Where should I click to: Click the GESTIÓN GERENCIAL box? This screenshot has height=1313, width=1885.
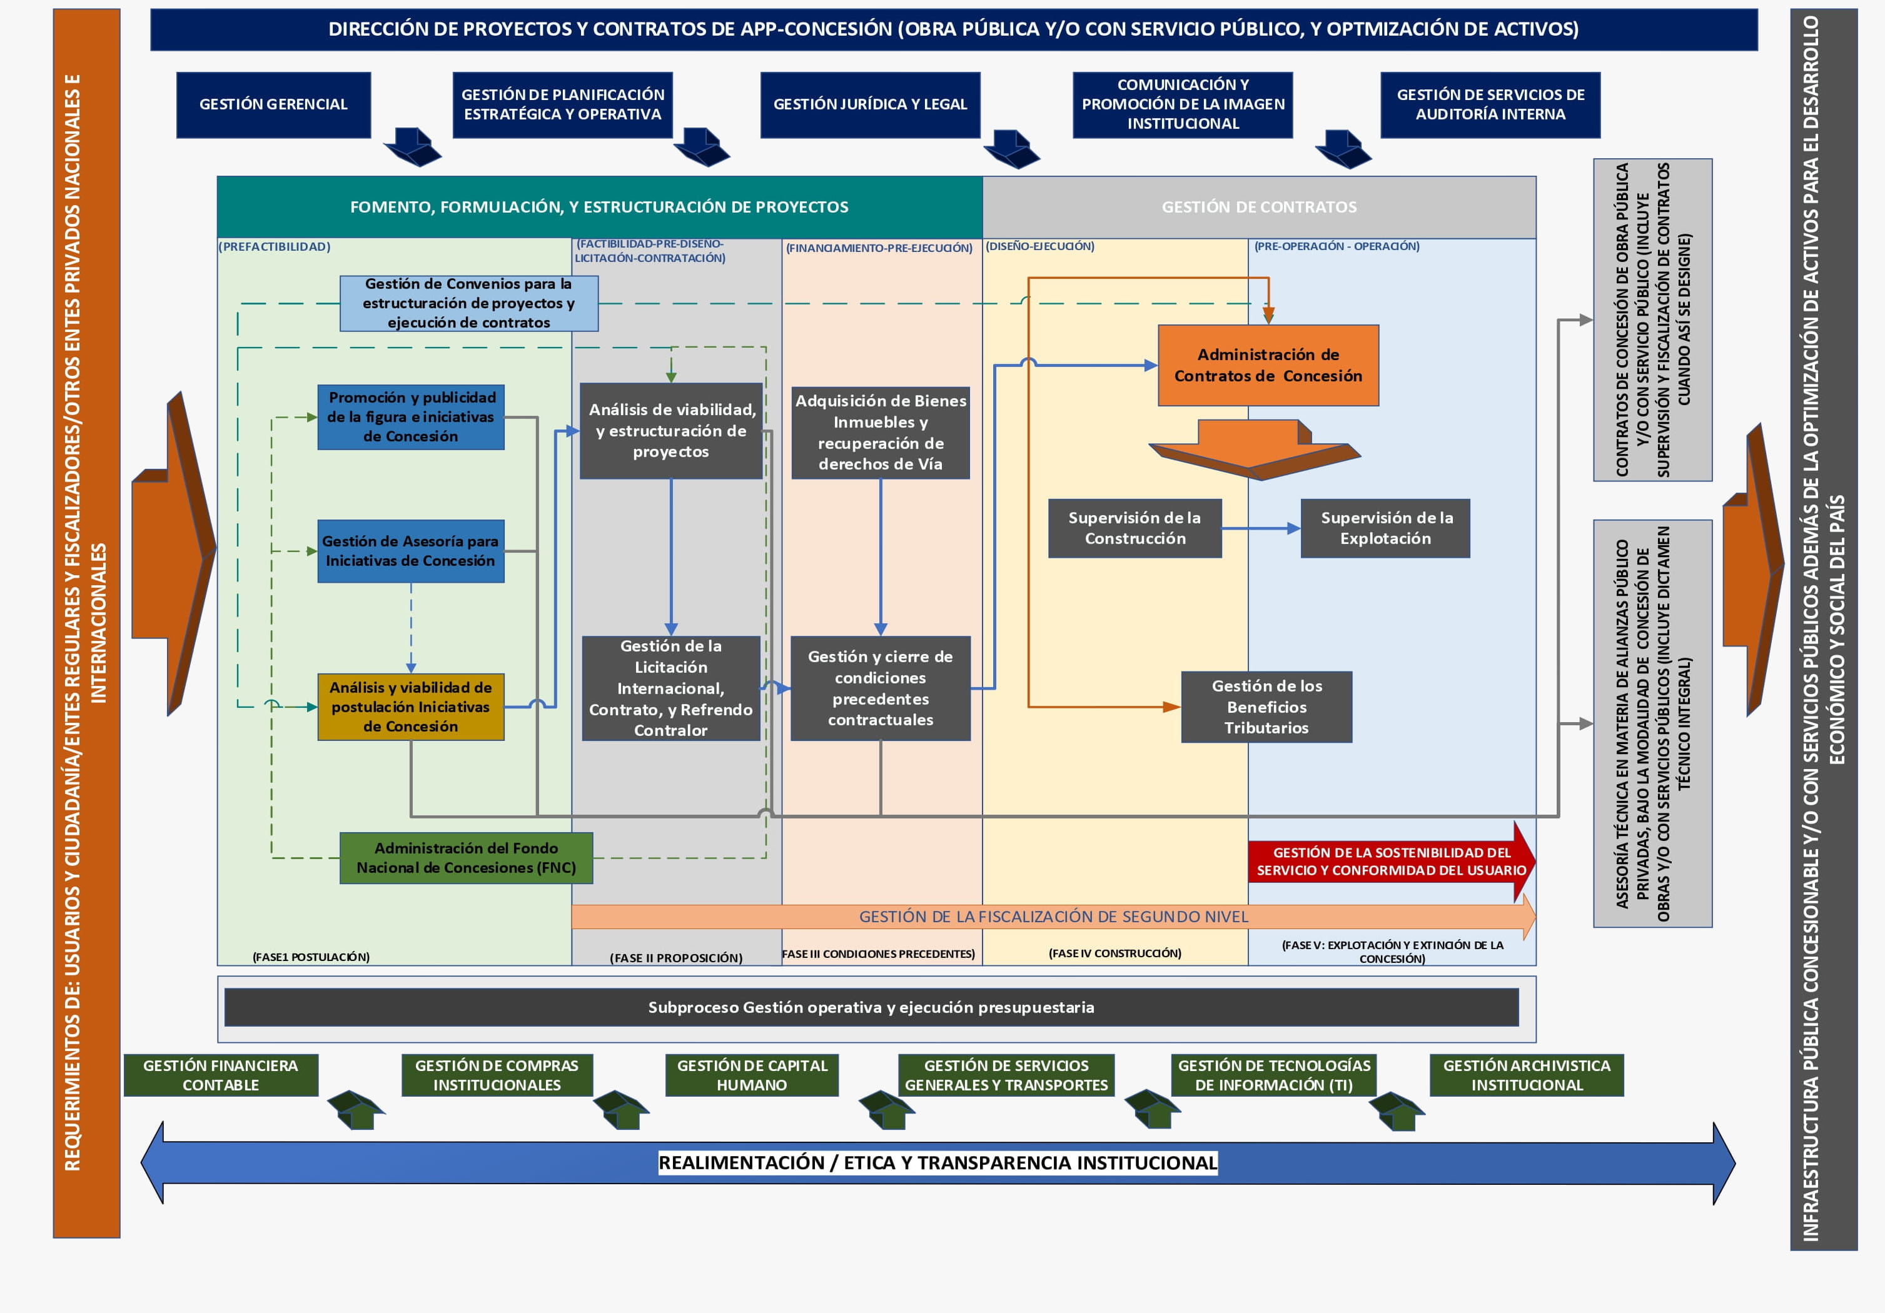point(273,104)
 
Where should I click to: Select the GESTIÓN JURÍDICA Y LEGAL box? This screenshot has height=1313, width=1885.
point(869,104)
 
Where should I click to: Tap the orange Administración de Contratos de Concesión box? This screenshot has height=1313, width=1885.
point(1268,365)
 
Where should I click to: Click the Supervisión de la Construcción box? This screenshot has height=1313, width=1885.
point(1135,528)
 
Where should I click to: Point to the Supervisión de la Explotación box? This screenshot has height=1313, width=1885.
point(1385,528)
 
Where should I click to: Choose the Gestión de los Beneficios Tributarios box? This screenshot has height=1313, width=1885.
point(1266,707)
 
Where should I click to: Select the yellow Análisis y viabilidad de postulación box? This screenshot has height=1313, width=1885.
point(410,707)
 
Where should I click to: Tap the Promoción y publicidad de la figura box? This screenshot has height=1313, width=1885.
point(410,417)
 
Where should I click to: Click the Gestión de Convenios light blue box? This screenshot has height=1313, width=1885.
point(469,303)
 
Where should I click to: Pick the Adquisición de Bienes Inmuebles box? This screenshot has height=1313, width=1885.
point(880,433)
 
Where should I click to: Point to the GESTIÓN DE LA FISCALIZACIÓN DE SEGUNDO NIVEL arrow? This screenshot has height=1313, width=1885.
point(1053,917)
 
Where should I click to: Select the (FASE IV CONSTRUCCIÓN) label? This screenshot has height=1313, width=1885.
point(1114,953)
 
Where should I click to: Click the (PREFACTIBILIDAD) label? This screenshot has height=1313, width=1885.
point(274,247)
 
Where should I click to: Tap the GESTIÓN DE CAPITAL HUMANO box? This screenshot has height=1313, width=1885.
point(751,1075)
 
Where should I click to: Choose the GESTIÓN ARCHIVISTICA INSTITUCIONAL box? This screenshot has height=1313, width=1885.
point(1526,1075)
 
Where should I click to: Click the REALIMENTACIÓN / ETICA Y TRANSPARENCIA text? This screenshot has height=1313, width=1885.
point(937,1163)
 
